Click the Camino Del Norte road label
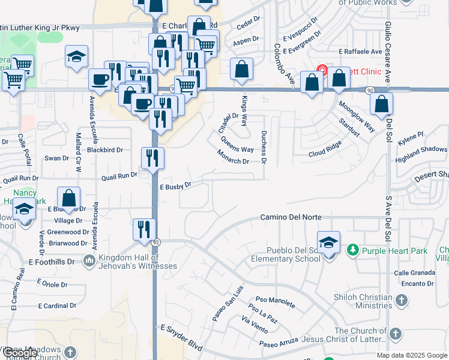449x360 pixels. (x=291, y=217)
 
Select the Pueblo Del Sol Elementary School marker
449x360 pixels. (x=328, y=243)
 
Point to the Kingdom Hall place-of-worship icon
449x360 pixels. (x=89, y=260)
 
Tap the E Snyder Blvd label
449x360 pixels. (x=182, y=329)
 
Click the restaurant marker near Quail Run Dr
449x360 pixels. (x=152, y=158)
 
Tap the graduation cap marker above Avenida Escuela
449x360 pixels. (x=76, y=57)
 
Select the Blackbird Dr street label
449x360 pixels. (x=104, y=150)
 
